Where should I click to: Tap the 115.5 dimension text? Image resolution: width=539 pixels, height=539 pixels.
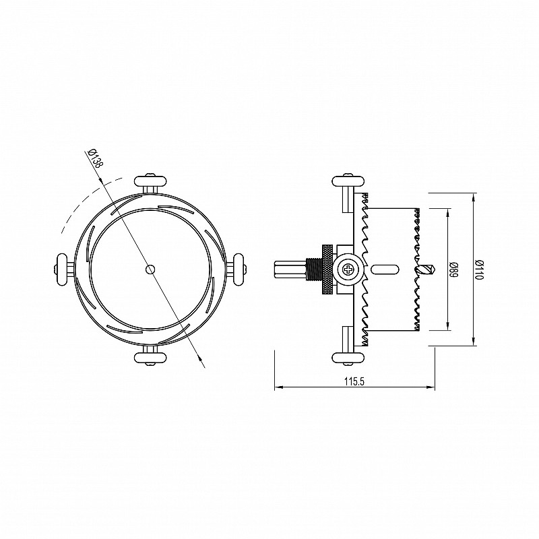pyautogui.click(x=354, y=381)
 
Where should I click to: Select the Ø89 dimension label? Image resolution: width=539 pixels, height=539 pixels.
pyautogui.click(x=454, y=269)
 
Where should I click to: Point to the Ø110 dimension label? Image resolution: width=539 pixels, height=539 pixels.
pyautogui.click(x=479, y=269)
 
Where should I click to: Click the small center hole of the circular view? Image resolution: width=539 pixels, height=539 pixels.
pyautogui.click(x=150, y=269)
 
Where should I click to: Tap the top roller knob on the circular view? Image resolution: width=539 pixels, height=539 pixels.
pyautogui.click(x=150, y=181)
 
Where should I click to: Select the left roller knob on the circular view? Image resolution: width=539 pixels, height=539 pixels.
pyautogui.click(x=62, y=269)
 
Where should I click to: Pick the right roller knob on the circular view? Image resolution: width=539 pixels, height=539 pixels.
pyautogui.click(x=239, y=269)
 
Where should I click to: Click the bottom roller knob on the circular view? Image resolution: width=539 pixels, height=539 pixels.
pyautogui.click(x=150, y=358)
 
